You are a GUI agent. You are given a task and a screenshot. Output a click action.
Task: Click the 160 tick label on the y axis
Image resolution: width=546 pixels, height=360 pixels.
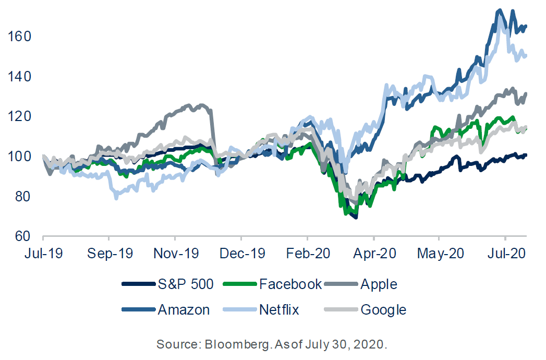pyautogui.click(x=20, y=37)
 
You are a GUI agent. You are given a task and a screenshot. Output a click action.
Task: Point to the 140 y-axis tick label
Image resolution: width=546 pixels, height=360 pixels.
pyautogui.click(x=20, y=77)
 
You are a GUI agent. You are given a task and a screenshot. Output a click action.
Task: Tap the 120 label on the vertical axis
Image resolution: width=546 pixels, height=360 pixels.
pyautogui.click(x=20, y=116)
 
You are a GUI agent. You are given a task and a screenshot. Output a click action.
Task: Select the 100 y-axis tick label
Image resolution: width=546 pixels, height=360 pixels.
pyautogui.click(x=20, y=157)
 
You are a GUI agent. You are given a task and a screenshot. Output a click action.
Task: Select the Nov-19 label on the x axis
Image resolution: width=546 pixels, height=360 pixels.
pyautogui.click(x=176, y=255)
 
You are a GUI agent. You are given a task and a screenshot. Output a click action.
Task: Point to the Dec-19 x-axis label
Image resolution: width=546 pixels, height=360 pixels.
pyautogui.click(x=242, y=255)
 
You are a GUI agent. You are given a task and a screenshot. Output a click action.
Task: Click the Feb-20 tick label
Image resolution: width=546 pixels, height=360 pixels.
pyautogui.click(x=308, y=255)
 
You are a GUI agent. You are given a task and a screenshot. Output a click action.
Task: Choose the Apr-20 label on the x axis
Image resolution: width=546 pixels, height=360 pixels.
pyautogui.click(x=374, y=255)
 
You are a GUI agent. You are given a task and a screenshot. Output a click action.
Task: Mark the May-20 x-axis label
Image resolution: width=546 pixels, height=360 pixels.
pyautogui.click(x=441, y=255)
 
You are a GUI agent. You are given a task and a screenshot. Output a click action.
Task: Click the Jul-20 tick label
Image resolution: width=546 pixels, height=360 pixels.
pyautogui.click(x=506, y=255)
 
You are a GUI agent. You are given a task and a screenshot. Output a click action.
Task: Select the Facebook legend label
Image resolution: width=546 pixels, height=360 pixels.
pyautogui.click(x=290, y=284)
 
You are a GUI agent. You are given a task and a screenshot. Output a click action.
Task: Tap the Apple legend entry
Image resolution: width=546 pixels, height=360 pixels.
pyautogui.click(x=378, y=284)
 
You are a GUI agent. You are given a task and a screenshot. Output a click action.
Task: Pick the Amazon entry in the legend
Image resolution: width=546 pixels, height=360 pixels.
pyautogui.click(x=184, y=309)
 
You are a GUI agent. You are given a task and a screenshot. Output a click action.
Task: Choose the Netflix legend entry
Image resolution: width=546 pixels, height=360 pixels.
pyautogui.click(x=279, y=309)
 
